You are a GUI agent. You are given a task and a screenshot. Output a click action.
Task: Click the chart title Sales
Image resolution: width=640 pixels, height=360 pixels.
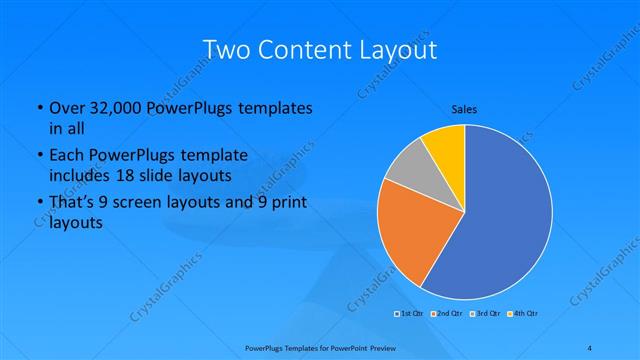[x=463, y=108]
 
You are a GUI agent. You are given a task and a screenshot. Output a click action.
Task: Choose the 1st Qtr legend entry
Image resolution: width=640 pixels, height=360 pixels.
[x=410, y=314]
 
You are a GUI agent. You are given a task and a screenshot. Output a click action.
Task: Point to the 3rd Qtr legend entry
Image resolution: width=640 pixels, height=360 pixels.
[x=484, y=314]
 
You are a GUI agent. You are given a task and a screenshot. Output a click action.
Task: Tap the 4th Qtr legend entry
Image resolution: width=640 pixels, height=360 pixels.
[x=523, y=314]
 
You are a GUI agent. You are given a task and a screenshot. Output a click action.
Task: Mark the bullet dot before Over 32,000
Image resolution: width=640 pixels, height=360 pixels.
[x=39, y=108]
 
